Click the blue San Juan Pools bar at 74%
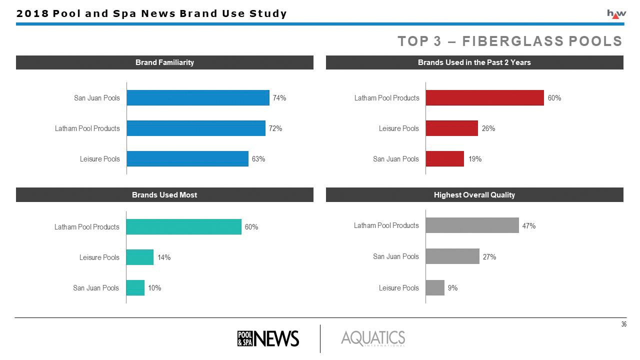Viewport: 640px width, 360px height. click(x=198, y=97)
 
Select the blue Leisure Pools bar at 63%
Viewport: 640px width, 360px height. click(x=187, y=158)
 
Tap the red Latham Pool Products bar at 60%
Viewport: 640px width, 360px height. click(x=484, y=97)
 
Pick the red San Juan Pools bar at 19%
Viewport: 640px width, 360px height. click(x=444, y=158)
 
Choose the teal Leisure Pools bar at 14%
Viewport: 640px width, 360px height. click(x=139, y=257)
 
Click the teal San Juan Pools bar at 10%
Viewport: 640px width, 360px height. click(x=135, y=287)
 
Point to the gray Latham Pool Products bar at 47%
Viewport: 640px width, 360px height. click(x=472, y=225)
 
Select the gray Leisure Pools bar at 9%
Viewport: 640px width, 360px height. click(x=434, y=287)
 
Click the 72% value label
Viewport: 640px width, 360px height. click(x=275, y=128)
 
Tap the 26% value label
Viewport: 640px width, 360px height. click(x=488, y=128)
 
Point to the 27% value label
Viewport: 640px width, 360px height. click(x=489, y=256)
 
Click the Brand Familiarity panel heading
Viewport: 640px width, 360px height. click(x=164, y=62)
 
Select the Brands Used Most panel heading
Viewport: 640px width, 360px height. click(x=164, y=195)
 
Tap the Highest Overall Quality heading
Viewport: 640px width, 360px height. click(x=474, y=195)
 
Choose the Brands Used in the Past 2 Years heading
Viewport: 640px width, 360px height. click(x=474, y=62)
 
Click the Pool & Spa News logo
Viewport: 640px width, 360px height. click(x=267, y=338)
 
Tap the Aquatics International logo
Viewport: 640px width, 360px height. click(x=373, y=338)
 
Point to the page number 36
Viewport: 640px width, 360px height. click(x=623, y=325)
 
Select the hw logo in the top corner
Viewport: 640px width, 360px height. click(x=616, y=14)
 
